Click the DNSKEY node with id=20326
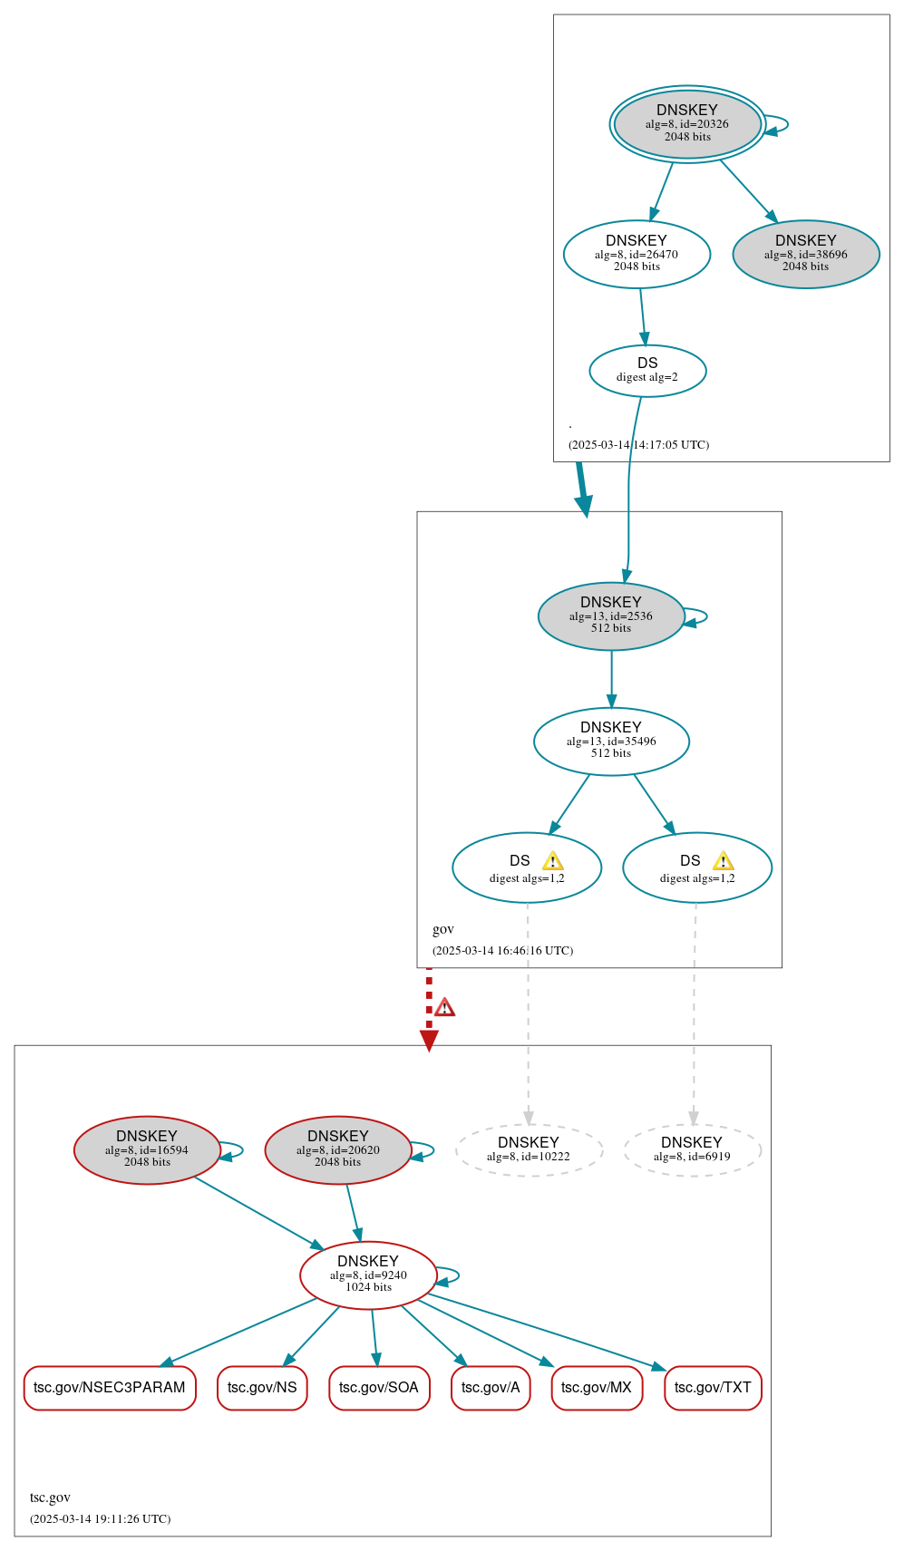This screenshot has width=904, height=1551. [x=687, y=124]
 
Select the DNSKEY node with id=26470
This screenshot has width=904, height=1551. [x=637, y=255]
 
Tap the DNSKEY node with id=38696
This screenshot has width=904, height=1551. [x=805, y=255]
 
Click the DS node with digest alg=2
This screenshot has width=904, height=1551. [x=647, y=371]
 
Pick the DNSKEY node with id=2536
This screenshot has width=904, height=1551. [x=611, y=616]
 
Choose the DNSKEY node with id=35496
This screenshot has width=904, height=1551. [x=611, y=742]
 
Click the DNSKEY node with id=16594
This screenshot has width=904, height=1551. [x=147, y=1150]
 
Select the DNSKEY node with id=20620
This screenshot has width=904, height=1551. [x=338, y=1150]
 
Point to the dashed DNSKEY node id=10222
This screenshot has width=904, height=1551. [x=529, y=1150]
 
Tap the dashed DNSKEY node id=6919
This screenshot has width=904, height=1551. [x=692, y=1150]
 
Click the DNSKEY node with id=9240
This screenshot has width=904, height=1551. [x=368, y=1275]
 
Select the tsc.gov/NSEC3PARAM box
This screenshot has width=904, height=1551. [x=110, y=1388]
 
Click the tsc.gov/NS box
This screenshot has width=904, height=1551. [x=262, y=1388]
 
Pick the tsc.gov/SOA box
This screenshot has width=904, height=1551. [x=379, y=1388]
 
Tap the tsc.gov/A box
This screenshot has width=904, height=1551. [x=491, y=1388]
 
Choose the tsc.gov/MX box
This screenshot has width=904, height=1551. [x=597, y=1388]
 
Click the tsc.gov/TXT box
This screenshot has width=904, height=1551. [x=713, y=1388]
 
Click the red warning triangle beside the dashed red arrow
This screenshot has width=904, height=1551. [x=444, y=1007]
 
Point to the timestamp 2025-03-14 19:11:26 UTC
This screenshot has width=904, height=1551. [x=100, y=1518]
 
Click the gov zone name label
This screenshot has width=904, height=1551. [x=443, y=929]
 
